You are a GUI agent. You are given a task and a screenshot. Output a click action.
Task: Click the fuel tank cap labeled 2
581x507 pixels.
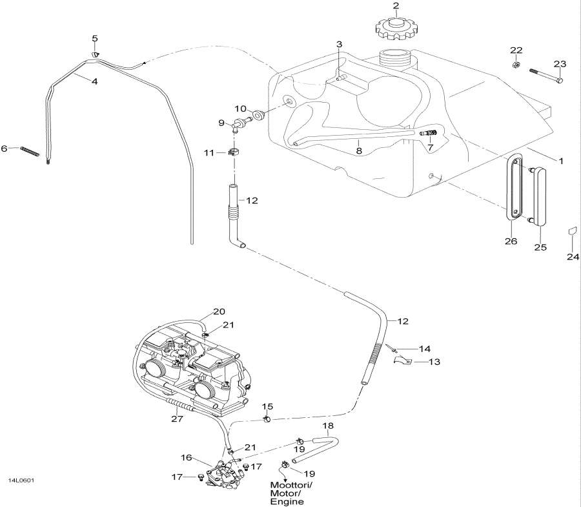click(395, 26)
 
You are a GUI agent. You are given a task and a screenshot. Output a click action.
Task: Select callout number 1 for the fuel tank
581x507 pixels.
click(560, 161)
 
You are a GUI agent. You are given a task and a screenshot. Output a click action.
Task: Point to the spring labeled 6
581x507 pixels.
click(30, 150)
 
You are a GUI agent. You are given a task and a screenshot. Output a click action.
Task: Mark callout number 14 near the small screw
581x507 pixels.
click(423, 349)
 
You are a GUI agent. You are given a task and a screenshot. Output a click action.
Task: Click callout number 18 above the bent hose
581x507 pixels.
click(327, 427)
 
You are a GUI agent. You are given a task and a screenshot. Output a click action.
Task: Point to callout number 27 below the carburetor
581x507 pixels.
click(177, 419)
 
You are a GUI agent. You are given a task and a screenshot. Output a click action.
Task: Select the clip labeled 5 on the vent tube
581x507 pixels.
click(94, 56)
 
